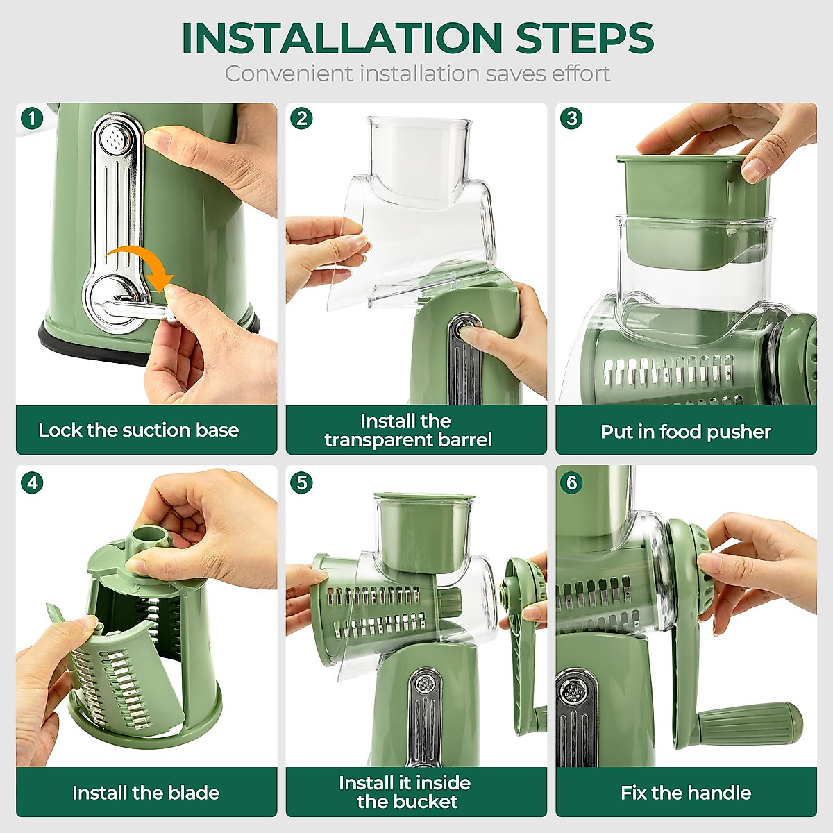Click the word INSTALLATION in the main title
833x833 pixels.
(x=341, y=38)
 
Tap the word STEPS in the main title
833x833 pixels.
(x=584, y=38)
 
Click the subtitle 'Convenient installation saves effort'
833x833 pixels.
(x=417, y=74)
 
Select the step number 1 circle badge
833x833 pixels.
(x=31, y=118)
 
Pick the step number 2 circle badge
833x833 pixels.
(x=301, y=118)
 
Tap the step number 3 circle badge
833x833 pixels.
(x=571, y=118)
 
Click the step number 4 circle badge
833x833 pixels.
(x=31, y=482)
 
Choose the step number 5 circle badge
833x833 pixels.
(x=301, y=482)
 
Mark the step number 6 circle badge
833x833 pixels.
(x=571, y=482)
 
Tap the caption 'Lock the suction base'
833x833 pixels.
(x=139, y=430)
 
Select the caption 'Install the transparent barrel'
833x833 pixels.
(x=408, y=430)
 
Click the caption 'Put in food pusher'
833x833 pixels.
(x=686, y=432)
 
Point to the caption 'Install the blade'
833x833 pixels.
(x=146, y=793)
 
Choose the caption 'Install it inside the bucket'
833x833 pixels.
(x=406, y=793)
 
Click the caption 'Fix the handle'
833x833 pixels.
(x=686, y=793)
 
